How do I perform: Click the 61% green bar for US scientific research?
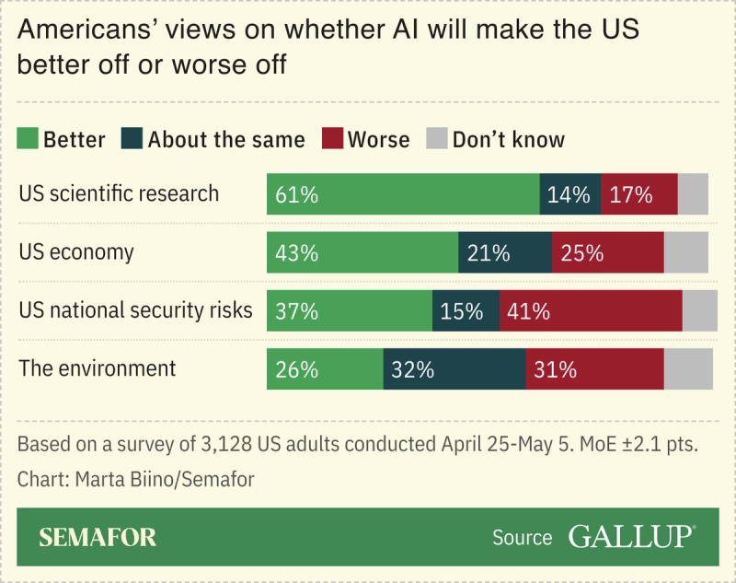click(403, 194)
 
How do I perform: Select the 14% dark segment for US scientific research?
click(569, 194)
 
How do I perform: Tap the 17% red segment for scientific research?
click(638, 194)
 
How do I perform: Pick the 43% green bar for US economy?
click(362, 252)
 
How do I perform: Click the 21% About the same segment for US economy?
click(504, 252)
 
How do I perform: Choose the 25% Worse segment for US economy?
click(607, 252)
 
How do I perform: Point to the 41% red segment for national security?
click(591, 311)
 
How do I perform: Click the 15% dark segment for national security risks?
click(466, 311)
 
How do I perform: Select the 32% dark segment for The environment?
click(454, 369)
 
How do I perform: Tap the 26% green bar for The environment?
click(325, 369)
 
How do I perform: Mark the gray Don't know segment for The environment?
click(688, 369)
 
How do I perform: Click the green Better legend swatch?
click(29, 139)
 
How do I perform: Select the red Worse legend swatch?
click(332, 139)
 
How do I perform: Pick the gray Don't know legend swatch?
click(436, 139)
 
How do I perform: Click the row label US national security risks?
click(135, 310)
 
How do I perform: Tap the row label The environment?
click(98, 368)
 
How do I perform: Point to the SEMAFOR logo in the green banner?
click(98, 538)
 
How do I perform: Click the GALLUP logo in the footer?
click(631, 537)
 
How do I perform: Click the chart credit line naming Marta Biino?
click(136, 479)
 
